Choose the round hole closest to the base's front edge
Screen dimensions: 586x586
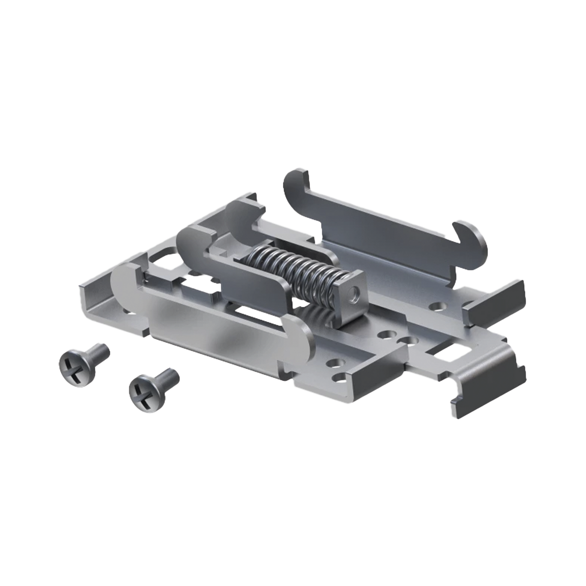[x=335, y=363]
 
